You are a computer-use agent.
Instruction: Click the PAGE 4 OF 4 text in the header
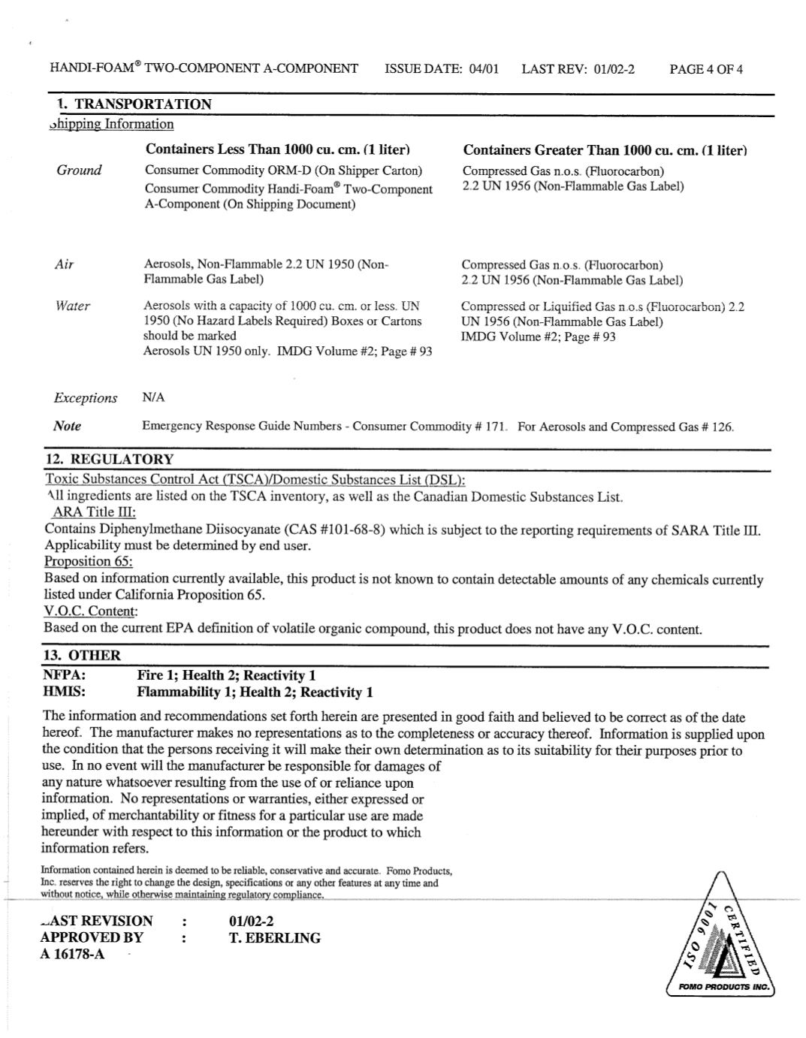click(705, 70)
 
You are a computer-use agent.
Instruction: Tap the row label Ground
click(79, 170)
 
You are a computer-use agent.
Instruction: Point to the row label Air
click(65, 264)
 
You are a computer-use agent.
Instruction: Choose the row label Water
click(72, 306)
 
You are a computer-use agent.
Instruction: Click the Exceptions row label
click(85, 398)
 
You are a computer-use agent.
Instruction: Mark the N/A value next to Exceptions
click(153, 397)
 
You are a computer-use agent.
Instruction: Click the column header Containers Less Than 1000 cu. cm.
click(277, 149)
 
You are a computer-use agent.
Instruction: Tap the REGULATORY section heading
click(110, 460)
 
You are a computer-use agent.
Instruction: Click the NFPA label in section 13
click(64, 675)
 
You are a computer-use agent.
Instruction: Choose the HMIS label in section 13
click(64, 692)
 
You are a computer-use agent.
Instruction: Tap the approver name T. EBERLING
click(274, 938)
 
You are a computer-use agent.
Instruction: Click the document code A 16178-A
click(72, 955)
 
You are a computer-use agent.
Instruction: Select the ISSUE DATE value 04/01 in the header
click(484, 70)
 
